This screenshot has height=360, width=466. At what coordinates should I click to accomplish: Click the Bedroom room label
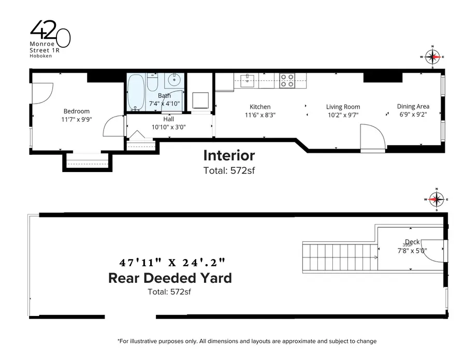(76, 111)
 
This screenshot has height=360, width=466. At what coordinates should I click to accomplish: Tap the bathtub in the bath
(137, 93)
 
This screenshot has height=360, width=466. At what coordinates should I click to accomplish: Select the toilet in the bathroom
(153, 83)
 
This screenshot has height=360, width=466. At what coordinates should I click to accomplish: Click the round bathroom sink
(173, 81)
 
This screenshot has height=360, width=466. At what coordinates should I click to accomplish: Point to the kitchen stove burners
(287, 80)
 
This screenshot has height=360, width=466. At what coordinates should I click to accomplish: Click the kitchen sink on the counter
(249, 79)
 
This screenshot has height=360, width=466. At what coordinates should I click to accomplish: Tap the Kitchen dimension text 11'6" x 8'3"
(260, 116)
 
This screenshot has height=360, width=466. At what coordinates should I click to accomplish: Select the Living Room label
(343, 107)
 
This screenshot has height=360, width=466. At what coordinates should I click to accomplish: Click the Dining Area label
(413, 106)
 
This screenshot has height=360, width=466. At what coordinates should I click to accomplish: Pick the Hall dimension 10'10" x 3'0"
(168, 127)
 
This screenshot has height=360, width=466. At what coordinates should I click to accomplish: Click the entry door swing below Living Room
(373, 137)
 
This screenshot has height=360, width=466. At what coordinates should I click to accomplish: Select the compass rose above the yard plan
(437, 199)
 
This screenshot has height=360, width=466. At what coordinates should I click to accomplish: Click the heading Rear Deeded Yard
(170, 278)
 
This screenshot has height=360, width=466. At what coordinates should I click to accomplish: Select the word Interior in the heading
(229, 155)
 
